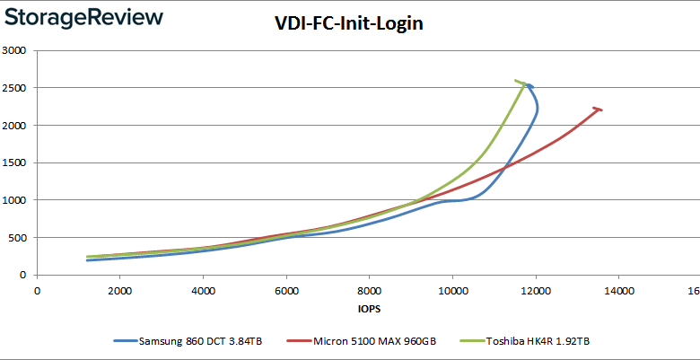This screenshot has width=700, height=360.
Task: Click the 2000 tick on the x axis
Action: [119, 290]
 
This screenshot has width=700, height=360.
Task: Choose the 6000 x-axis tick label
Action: [285, 290]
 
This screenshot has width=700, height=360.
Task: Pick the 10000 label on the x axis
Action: [452, 290]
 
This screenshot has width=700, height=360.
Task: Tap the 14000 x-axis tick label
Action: [618, 290]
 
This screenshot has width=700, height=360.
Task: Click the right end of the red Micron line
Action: [600, 110]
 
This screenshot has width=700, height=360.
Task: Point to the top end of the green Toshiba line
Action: [517, 81]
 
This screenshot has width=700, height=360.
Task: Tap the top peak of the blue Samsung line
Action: [529, 86]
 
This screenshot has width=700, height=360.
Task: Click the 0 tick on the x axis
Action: [37, 290]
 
